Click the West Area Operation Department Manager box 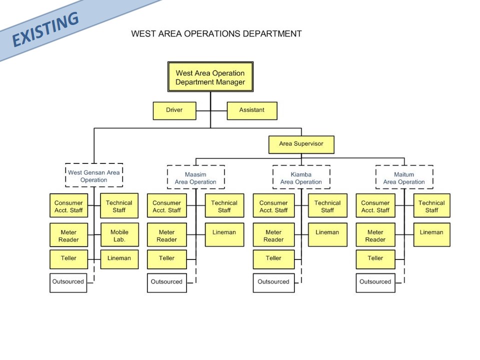210,77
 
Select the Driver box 174,110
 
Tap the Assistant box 252,110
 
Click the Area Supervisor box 301,144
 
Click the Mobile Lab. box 119,235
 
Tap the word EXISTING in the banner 45,29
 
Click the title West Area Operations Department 216,33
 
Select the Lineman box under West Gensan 119,259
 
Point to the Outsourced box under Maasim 167,283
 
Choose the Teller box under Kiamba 273,259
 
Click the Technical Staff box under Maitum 431,205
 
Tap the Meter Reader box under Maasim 167,235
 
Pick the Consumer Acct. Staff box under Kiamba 273,205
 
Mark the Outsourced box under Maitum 375,283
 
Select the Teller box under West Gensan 69,259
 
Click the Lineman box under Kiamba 327,235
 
